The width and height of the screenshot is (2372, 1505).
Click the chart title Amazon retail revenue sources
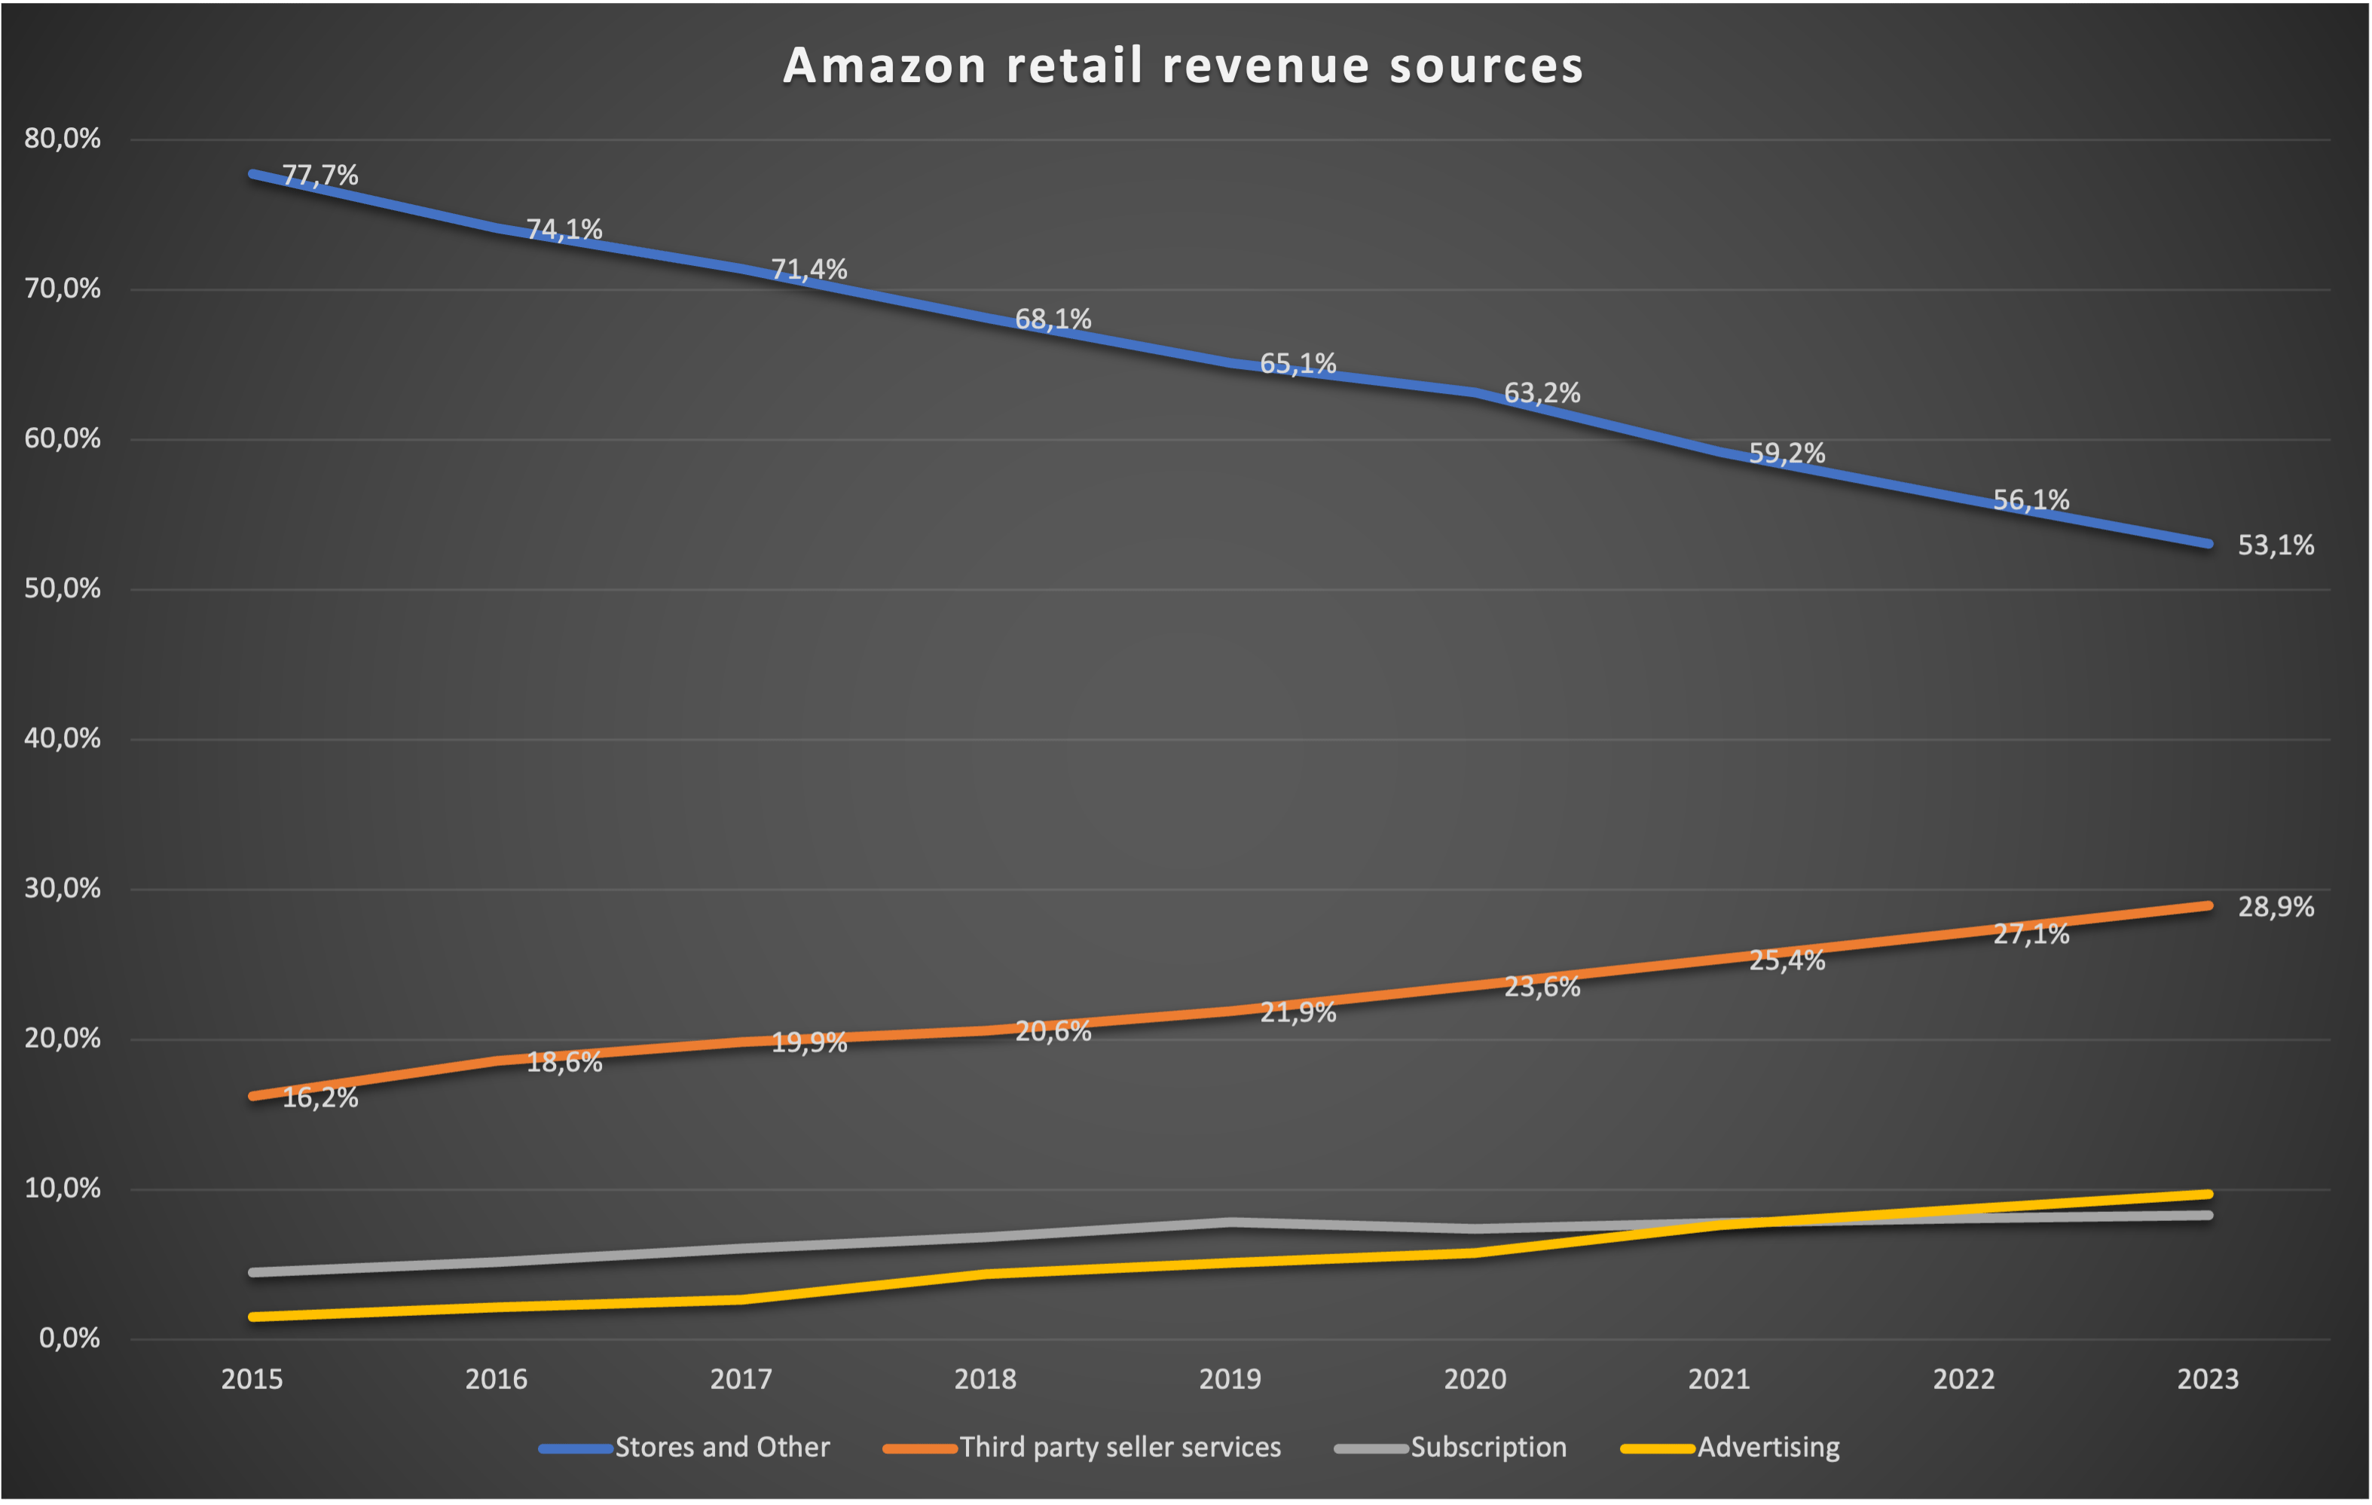pos(1183,66)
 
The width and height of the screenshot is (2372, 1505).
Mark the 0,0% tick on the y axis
pos(69,1339)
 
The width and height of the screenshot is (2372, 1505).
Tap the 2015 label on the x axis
pos(252,1379)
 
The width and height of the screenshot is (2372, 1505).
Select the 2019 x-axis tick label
pos(1230,1379)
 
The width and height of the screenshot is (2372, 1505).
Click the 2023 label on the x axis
pos(2208,1379)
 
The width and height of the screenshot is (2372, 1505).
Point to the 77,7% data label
pos(320,176)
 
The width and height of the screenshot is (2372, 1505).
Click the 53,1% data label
pos(2276,545)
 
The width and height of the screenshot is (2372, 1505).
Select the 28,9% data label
pos(2276,907)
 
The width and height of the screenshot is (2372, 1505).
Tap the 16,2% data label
pos(320,1098)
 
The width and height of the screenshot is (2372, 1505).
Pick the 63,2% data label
pos(1542,394)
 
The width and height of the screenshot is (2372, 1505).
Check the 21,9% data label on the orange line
pos(1298,1012)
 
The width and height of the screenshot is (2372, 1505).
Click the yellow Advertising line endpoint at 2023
pos(2208,1194)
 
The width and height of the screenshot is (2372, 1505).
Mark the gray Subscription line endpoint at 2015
pos(253,1272)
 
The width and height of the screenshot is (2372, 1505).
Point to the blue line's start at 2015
pos(253,174)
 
